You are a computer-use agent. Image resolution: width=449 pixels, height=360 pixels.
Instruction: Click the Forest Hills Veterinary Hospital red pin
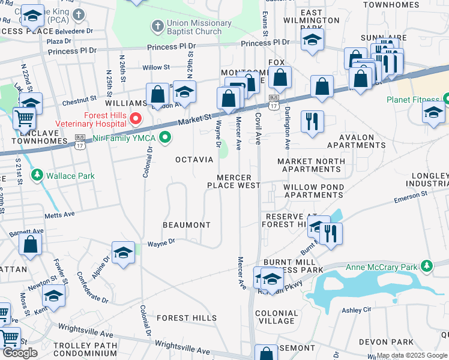coord(136,118)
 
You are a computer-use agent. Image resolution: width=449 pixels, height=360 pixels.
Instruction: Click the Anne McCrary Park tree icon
coord(427,266)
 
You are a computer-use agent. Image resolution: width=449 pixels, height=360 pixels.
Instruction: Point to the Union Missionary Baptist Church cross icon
coord(157,26)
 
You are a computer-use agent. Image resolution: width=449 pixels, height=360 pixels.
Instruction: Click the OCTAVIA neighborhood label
coord(194,160)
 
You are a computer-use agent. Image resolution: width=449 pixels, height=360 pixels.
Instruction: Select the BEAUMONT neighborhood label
coord(187,225)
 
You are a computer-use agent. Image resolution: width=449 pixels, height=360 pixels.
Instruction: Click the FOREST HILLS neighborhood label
coord(187,317)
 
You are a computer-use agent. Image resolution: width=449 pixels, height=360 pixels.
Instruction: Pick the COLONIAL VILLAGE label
coord(277,317)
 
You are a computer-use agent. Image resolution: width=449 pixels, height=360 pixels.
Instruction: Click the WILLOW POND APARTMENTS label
coord(314,191)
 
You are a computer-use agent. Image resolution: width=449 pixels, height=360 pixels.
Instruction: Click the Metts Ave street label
coord(59,214)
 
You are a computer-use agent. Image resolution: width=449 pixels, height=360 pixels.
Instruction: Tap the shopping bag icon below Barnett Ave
coord(30,245)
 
